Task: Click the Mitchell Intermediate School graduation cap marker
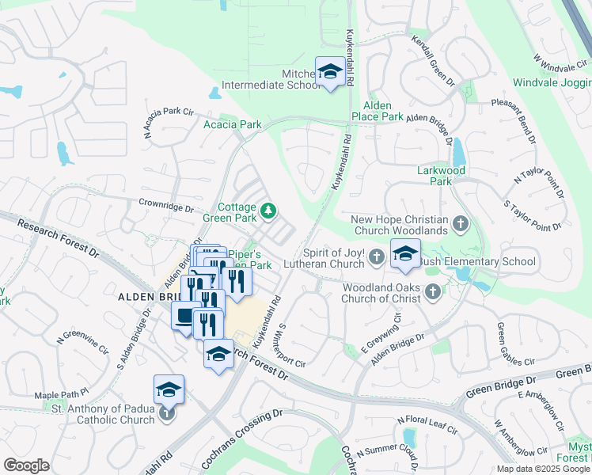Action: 329,72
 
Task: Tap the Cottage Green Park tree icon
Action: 269,211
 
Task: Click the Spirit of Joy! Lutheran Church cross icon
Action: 377,256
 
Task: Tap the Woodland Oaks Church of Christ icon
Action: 432,293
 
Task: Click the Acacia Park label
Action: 232,124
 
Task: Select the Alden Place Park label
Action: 383,111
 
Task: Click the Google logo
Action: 26,465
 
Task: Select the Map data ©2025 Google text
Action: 543,469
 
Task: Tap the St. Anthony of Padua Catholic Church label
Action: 103,414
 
